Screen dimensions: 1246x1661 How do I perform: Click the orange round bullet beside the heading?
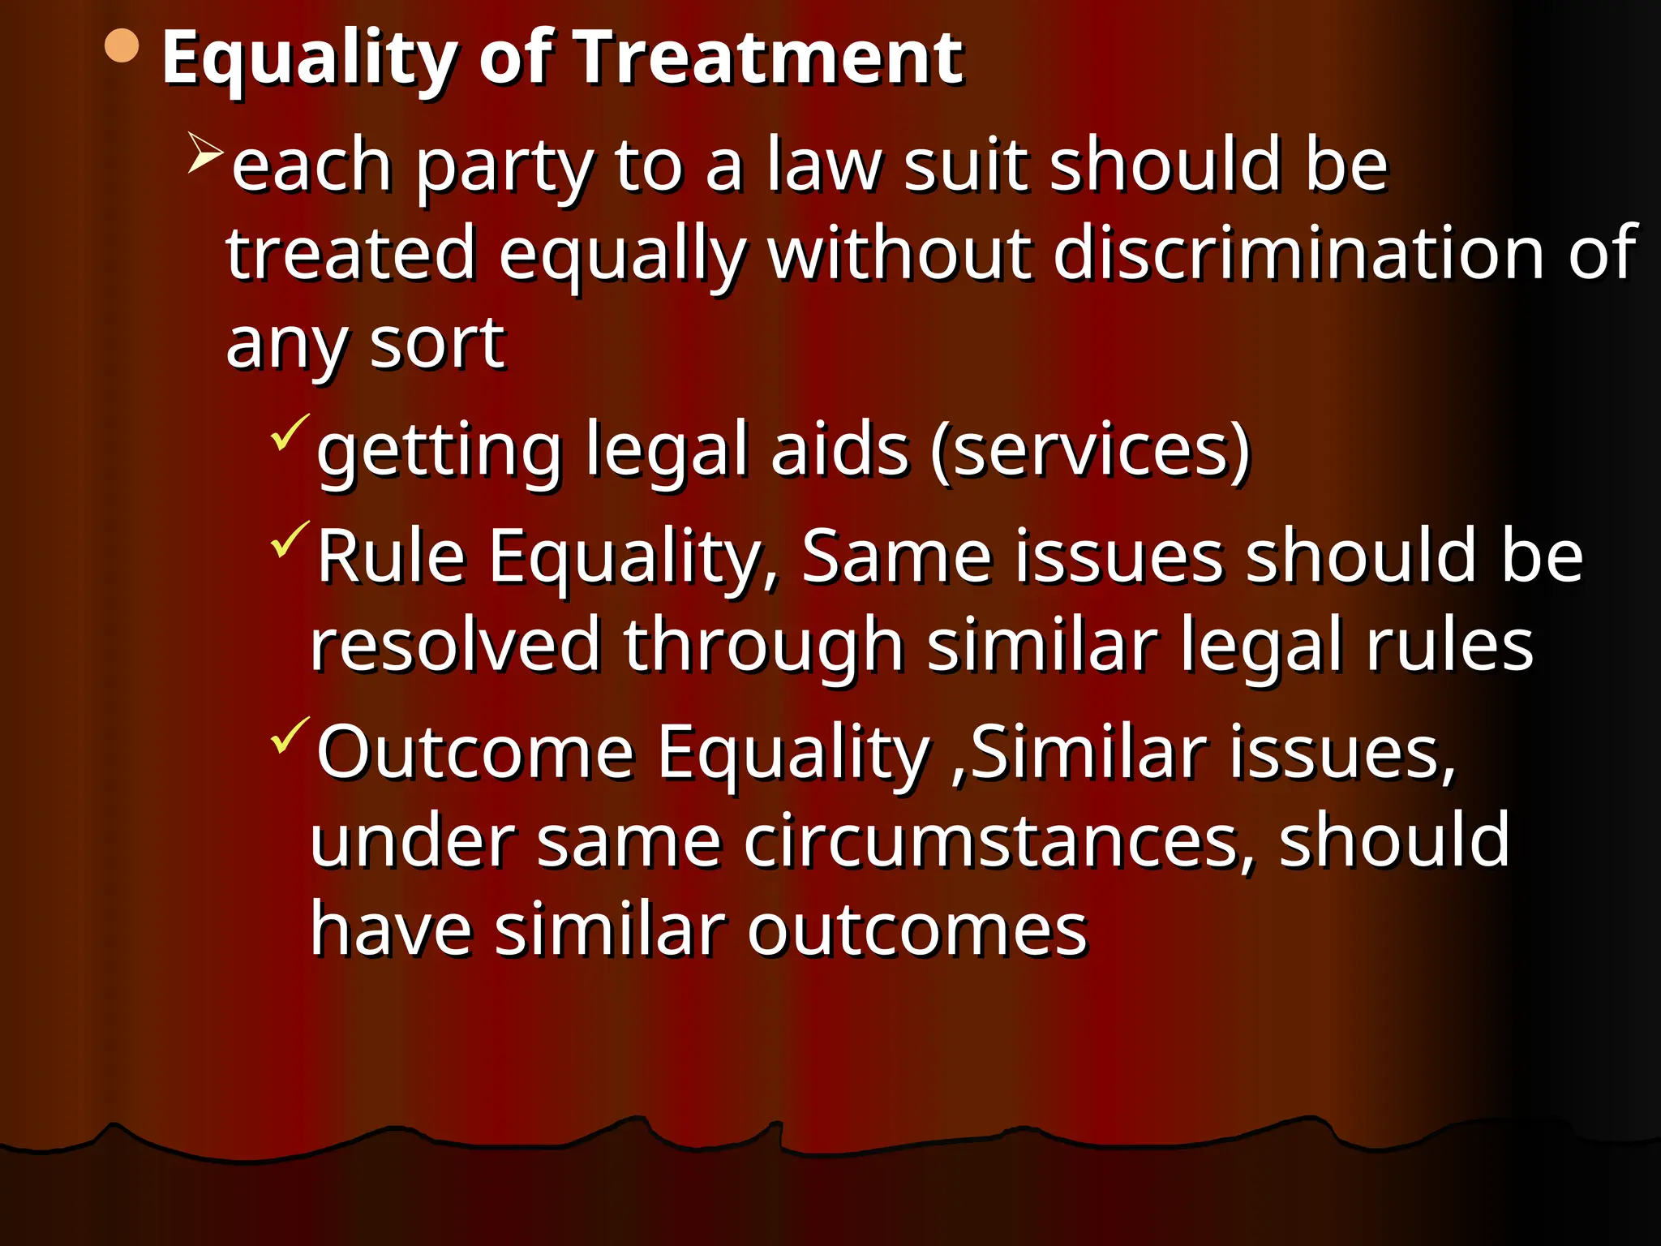122,46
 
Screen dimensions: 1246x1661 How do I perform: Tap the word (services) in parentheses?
1091,450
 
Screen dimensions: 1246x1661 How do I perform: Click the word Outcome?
475,753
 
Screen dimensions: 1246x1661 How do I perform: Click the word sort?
437,344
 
